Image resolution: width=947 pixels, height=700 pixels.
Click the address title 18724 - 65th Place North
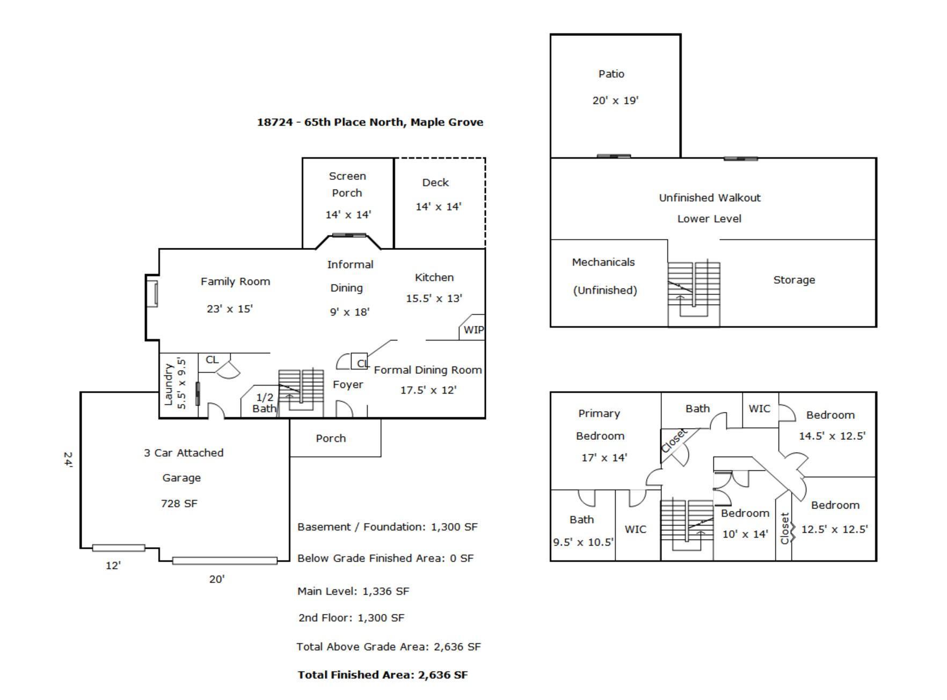[x=370, y=122]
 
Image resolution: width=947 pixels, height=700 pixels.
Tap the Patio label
[x=611, y=74]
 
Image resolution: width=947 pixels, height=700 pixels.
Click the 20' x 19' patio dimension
[x=615, y=100]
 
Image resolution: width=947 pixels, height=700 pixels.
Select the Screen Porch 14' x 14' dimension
[x=348, y=215]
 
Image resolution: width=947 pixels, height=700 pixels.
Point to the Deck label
[x=435, y=182]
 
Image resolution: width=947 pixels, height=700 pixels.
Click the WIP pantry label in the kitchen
[x=473, y=330]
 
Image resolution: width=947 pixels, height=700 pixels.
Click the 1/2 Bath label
[x=265, y=403]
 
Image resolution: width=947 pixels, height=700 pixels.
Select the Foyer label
[x=347, y=385]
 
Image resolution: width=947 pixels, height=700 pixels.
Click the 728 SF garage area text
[x=179, y=503]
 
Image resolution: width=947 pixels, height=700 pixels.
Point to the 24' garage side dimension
[x=68, y=460]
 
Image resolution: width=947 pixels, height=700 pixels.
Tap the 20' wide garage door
[x=224, y=561]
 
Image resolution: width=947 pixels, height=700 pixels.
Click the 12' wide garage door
[x=118, y=548]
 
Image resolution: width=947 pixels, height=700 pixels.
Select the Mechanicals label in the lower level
[x=603, y=262]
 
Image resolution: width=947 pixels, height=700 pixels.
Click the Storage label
[x=793, y=280]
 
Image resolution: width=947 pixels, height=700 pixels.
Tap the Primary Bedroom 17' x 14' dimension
[x=604, y=458]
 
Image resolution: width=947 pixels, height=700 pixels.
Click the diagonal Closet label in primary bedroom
[x=674, y=440]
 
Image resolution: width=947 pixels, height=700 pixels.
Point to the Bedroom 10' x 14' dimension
[x=745, y=534]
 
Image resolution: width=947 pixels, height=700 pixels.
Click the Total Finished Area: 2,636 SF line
[x=382, y=675]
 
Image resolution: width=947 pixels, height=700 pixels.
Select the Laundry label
[x=169, y=384]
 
